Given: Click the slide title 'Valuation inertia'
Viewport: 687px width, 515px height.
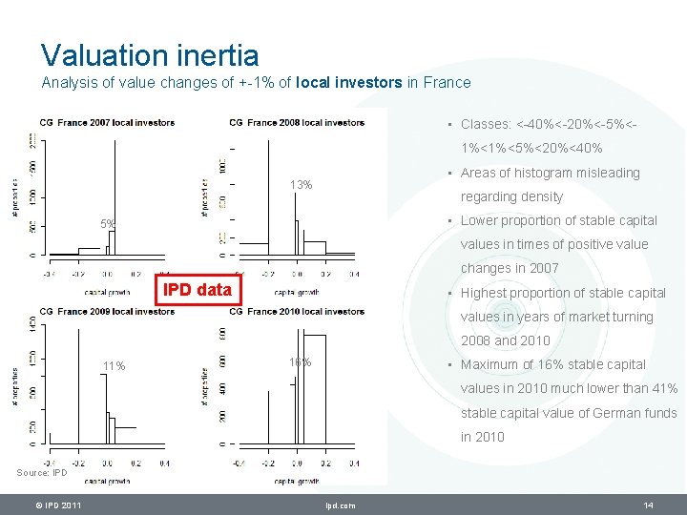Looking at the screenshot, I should click(x=149, y=54).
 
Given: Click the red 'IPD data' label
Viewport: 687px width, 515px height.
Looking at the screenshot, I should click(x=198, y=289).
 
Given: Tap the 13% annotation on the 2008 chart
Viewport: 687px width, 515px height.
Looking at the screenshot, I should click(x=302, y=184).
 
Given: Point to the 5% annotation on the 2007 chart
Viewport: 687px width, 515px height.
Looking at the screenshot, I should click(x=108, y=224).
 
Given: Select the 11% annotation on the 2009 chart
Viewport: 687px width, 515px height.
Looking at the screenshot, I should click(x=114, y=366).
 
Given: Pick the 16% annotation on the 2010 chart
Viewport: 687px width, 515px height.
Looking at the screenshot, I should click(x=300, y=361).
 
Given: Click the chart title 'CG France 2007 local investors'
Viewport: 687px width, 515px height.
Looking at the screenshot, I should click(x=107, y=122).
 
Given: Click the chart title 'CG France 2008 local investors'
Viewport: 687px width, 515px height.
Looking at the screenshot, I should click(x=297, y=122).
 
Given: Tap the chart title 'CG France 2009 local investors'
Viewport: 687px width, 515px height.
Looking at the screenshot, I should click(x=107, y=312).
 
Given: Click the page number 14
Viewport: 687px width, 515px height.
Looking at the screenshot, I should click(x=648, y=505).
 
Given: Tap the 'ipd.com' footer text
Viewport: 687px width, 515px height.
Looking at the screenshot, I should click(x=340, y=505).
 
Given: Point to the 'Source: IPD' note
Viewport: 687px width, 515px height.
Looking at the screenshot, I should click(x=42, y=472).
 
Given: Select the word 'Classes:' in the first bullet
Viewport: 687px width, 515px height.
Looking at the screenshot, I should click(x=486, y=124).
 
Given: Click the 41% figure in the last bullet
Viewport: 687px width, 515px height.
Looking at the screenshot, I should click(x=664, y=388).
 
